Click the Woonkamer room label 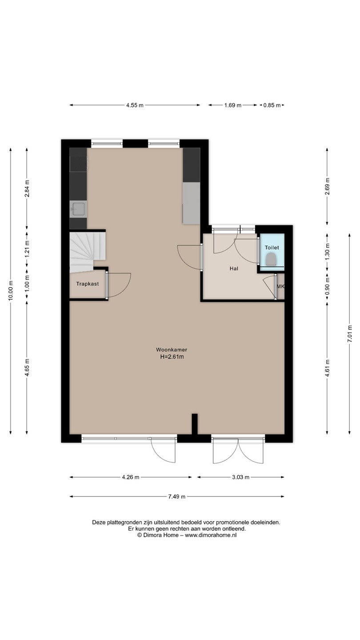[x=172, y=349]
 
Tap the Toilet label [x=272, y=248]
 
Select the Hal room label [x=234, y=268]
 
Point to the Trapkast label [x=88, y=284]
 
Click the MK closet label [x=280, y=286]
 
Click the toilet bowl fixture [x=272, y=260]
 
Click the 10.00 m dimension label [x=11, y=290]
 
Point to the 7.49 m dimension [x=177, y=496]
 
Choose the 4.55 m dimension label [x=135, y=105]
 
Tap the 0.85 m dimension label [x=272, y=105]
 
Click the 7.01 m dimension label [x=349, y=333]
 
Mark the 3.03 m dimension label [x=240, y=477]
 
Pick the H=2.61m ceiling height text [x=172, y=356]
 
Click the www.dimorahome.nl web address [x=211, y=535]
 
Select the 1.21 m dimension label [x=27, y=248]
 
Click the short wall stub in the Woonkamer [x=195, y=425]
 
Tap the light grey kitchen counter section [x=191, y=204]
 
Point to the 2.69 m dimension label [x=327, y=186]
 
